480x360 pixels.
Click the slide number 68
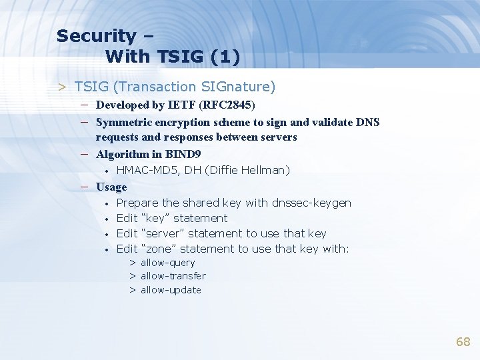[x=463, y=342]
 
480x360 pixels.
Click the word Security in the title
[x=96, y=36]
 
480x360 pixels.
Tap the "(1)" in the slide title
[x=225, y=57]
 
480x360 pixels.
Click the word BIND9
[x=183, y=154]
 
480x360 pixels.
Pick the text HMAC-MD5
[x=144, y=171]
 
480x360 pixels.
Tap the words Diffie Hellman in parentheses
[x=247, y=171]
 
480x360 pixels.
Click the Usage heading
[x=111, y=187]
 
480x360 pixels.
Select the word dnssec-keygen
[x=311, y=203]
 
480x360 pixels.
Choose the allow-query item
[x=167, y=263]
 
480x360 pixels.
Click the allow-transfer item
[x=173, y=276]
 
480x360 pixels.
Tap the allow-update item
[x=170, y=290]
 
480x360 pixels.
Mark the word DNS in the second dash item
[x=367, y=122]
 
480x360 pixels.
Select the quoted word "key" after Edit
[x=155, y=218]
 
